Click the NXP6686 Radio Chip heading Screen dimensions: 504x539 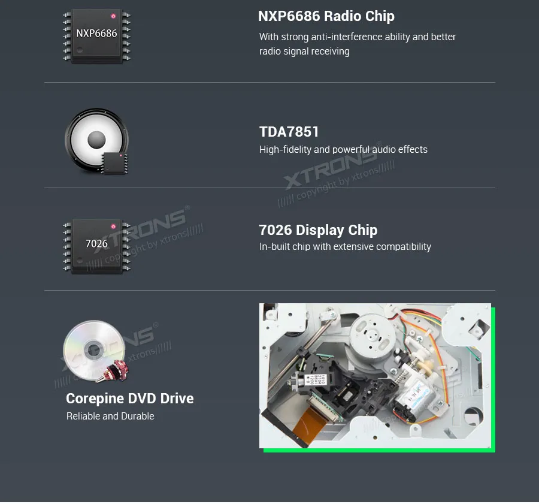click(326, 16)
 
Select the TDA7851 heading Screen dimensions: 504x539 click(289, 131)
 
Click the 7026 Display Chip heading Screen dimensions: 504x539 click(318, 230)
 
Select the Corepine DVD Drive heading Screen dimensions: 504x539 click(129, 399)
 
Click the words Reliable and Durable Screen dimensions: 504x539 click(110, 416)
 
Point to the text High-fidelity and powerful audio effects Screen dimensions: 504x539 click(343, 149)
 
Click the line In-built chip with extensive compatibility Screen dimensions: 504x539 click(345, 246)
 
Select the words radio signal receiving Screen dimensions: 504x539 click(304, 52)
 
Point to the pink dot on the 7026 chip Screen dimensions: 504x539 click(113, 227)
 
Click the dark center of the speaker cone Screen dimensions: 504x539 click(96, 140)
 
